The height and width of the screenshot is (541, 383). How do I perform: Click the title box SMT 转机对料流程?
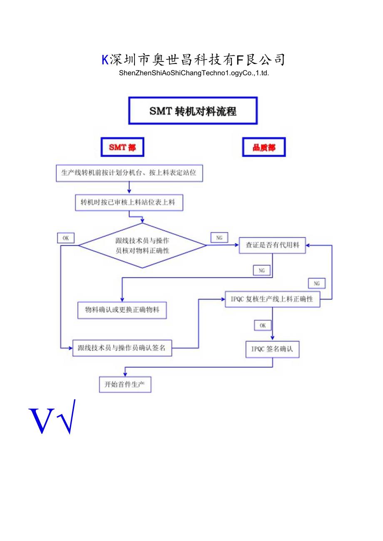(193, 111)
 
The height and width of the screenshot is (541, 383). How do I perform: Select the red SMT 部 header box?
(122, 147)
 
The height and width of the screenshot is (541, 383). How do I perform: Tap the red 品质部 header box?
(264, 147)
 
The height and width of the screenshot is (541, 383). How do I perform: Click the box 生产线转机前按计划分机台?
(129, 173)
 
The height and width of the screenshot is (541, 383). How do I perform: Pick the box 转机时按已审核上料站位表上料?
(129, 203)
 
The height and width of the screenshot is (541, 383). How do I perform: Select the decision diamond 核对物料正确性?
(142, 245)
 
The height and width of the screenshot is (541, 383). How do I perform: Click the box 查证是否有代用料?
(272, 245)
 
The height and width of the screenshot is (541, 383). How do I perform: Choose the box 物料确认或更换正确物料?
(122, 310)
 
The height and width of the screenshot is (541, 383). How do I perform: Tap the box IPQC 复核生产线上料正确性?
(273, 299)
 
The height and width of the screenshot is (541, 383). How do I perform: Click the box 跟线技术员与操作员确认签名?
(122, 348)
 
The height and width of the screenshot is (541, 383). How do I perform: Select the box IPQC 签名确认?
(272, 349)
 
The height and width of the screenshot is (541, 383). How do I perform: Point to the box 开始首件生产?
(125, 384)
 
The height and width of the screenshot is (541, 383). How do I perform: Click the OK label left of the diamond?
(66, 238)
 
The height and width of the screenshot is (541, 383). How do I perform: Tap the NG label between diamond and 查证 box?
(219, 237)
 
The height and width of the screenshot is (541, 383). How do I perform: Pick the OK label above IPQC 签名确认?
(263, 326)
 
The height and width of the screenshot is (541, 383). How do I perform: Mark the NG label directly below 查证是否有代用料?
(262, 270)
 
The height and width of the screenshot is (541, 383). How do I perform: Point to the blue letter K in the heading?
(105, 60)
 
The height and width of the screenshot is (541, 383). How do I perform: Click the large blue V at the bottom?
(42, 420)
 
